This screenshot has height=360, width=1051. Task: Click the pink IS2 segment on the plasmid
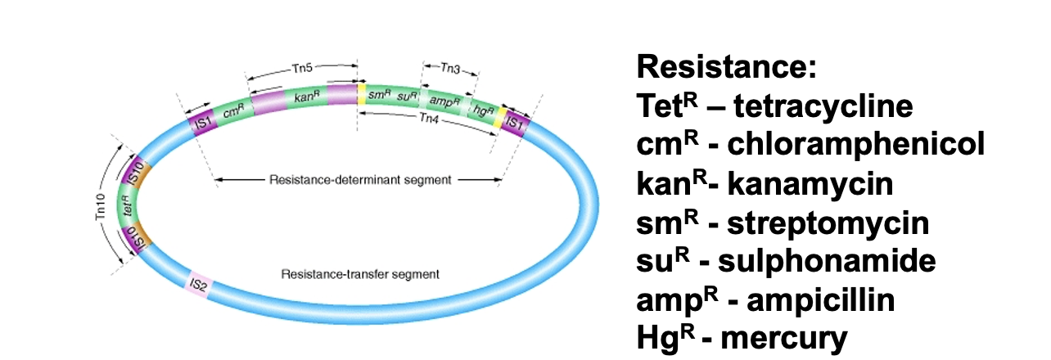tap(199, 284)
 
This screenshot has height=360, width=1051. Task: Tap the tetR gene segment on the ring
tap(127, 206)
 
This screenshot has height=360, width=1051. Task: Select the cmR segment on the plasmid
tap(233, 111)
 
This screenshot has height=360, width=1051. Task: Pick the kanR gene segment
tap(307, 97)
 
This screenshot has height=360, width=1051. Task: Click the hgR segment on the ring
tap(483, 111)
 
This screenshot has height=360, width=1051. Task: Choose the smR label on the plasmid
tap(379, 95)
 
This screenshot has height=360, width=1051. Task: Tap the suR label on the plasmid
tap(408, 97)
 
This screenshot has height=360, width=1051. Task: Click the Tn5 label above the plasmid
tap(302, 69)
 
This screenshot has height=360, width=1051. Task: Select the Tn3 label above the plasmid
tap(450, 69)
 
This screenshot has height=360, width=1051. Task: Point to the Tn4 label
tap(429, 118)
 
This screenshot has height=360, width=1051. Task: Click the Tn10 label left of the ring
tap(101, 207)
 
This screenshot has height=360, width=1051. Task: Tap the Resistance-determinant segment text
tap(360, 180)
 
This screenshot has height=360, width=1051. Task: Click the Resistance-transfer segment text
tap(360, 274)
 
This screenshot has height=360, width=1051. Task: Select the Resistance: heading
tap(727, 66)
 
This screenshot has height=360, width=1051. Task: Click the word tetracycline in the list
tap(823, 106)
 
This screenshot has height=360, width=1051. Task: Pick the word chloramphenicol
tap(856, 144)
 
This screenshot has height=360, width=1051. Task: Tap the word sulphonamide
tap(828, 261)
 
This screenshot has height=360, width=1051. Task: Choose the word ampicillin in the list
tap(821, 300)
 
